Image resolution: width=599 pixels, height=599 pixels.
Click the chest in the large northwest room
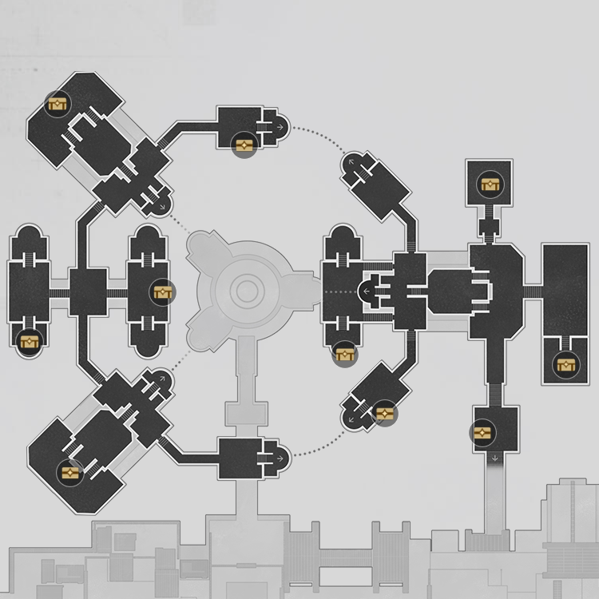(x=58, y=104)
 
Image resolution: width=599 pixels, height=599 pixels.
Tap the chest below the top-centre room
(x=244, y=145)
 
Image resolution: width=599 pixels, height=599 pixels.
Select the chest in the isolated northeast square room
(x=490, y=185)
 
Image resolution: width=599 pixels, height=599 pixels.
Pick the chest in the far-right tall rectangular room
(x=566, y=366)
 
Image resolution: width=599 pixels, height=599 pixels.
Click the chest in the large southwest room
(x=71, y=472)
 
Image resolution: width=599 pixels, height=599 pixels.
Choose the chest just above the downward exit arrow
(x=482, y=433)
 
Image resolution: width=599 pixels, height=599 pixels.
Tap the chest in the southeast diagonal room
(x=384, y=413)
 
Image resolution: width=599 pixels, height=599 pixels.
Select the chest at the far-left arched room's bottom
(x=29, y=343)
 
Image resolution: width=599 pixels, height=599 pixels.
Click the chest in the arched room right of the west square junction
(x=163, y=293)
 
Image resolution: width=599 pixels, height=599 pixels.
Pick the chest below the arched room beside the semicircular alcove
(x=345, y=354)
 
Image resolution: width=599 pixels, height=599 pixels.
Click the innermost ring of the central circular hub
(x=248, y=292)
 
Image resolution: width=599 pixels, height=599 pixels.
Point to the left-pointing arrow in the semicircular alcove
(x=367, y=292)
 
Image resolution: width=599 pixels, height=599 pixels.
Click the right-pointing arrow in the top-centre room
(x=280, y=126)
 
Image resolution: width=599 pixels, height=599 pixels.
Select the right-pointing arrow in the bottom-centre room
(x=280, y=458)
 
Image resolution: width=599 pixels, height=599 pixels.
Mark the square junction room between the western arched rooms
(x=88, y=292)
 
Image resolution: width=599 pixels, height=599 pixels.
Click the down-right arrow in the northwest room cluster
(x=162, y=207)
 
